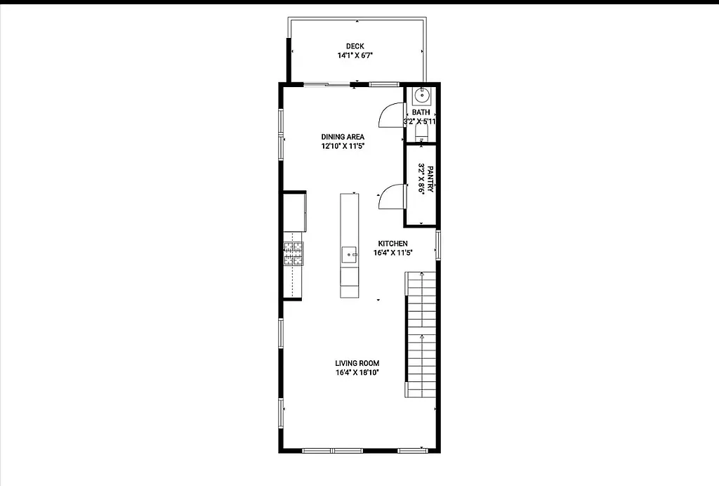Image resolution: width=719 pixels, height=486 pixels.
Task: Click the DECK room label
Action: pos(355,46)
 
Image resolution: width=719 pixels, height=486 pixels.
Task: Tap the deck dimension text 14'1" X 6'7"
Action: pos(355,55)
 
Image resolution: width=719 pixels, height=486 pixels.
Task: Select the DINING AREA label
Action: pos(343,137)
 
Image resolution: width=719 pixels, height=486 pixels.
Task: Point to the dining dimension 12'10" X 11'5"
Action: pos(343,146)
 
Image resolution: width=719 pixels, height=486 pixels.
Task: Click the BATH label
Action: pos(421,112)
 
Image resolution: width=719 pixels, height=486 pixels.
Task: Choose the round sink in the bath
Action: pos(422,96)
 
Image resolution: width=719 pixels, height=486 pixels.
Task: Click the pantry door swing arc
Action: pos(391,197)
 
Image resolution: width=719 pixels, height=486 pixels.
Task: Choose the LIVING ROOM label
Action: pos(357,363)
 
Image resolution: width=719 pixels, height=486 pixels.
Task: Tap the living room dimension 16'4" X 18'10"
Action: pos(357,373)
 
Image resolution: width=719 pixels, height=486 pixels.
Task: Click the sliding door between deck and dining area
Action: pos(329,85)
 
